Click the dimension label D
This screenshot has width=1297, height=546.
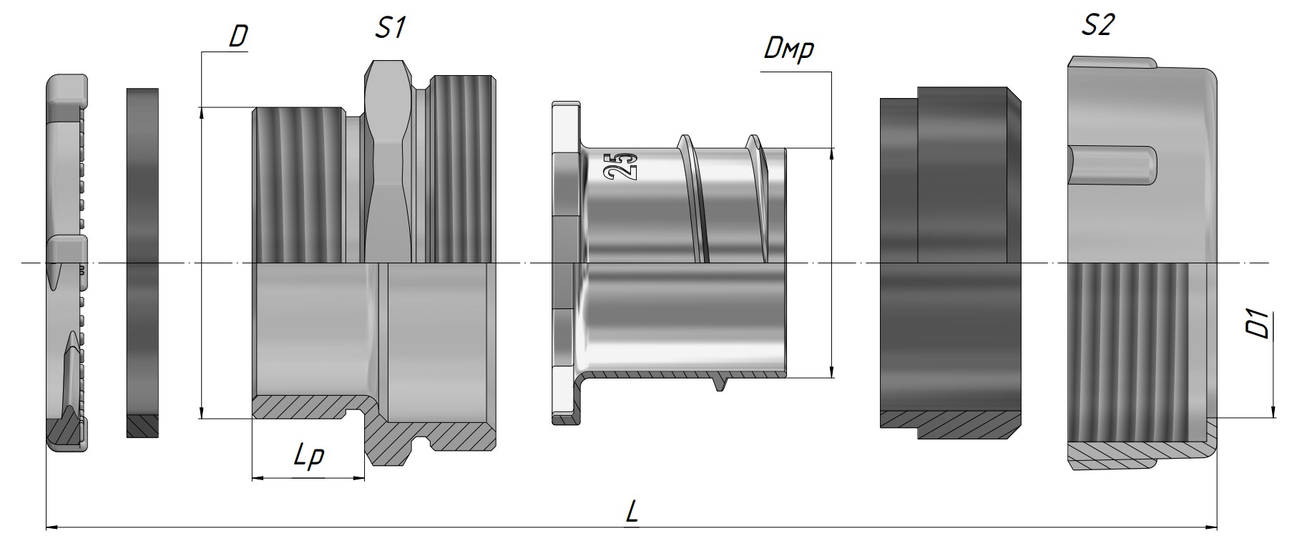(238, 38)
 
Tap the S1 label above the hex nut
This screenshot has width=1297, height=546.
(391, 28)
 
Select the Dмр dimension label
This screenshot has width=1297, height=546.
(789, 49)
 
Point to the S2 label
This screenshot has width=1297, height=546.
(1097, 26)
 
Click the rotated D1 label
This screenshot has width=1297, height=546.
(1261, 323)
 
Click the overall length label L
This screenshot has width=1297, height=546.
(632, 511)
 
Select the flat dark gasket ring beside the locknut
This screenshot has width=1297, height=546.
(142, 263)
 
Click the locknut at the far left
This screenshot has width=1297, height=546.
(67, 263)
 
